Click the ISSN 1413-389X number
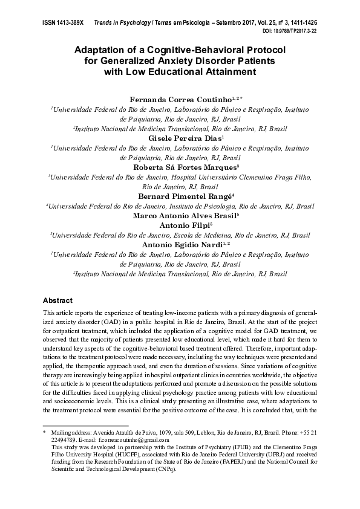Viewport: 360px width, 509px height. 63,21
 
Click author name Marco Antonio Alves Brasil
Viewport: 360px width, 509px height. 178,215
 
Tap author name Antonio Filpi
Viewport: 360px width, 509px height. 178,225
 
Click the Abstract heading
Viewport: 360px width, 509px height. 57,300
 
